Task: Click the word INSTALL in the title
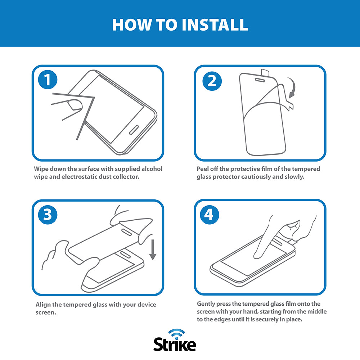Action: (215, 24)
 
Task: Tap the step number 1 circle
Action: (48, 80)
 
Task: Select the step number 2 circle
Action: (212, 81)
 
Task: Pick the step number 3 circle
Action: (48, 215)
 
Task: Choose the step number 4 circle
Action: (210, 215)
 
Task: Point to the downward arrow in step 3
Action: (153, 250)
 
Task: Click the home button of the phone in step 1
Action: (134, 130)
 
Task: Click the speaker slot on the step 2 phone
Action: (260, 80)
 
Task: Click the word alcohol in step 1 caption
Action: (152, 169)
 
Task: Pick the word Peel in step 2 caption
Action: (202, 169)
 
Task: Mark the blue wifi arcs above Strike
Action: (176, 332)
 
